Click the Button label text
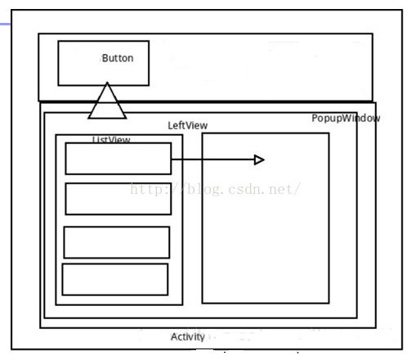pyautogui.click(x=118, y=58)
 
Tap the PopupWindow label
pyautogui.click(x=346, y=119)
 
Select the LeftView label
pyautogui.click(x=188, y=125)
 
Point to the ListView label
pyautogui.click(x=111, y=139)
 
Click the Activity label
pyautogui.click(x=188, y=337)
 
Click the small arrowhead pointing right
pyautogui.click(x=259, y=160)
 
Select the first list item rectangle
pyautogui.click(x=119, y=143)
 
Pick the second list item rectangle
pyautogui.click(x=119, y=184)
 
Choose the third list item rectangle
pyautogui.click(x=117, y=227)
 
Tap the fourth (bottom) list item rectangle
pyautogui.click(x=115, y=264)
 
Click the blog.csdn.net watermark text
pyautogui.click(x=216, y=189)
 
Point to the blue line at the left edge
pyautogui.click(x=5, y=25)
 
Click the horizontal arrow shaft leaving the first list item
pyautogui.click(x=212, y=160)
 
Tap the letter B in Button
pyautogui.click(x=105, y=58)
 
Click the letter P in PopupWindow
pyautogui.click(x=315, y=118)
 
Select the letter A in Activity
pyautogui.click(x=174, y=337)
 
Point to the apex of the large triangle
pyautogui.click(x=107, y=82)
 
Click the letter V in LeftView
pyautogui.click(x=189, y=125)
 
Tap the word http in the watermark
pyautogui.click(x=145, y=189)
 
